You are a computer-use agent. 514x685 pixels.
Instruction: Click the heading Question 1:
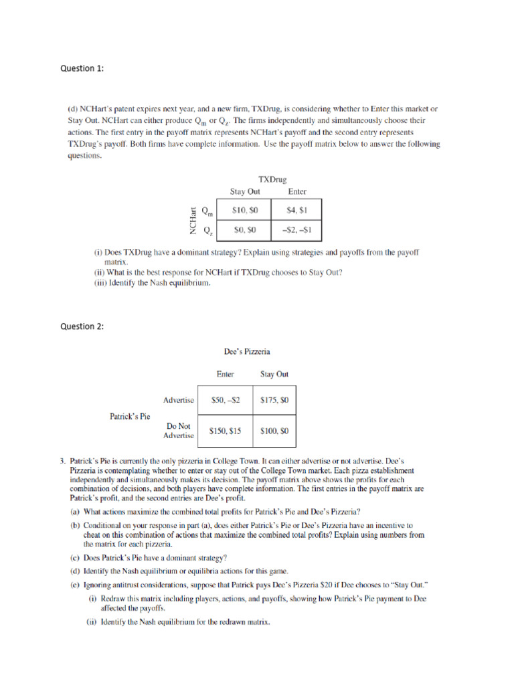tap(82, 68)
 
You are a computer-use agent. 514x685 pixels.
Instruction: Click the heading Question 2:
tap(82, 326)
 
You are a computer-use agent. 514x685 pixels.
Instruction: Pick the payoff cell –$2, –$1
tap(296, 231)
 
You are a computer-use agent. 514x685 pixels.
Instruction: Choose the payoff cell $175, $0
tap(274, 400)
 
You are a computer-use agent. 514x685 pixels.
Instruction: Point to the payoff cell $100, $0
tap(274, 431)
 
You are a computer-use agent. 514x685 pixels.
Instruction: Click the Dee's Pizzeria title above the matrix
tap(247, 351)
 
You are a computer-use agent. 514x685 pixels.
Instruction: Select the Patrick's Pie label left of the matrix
tap(130, 416)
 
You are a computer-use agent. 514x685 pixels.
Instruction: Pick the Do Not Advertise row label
tap(179, 430)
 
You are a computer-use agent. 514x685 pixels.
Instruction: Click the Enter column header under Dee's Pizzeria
tap(225, 375)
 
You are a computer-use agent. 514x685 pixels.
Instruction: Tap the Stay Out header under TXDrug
tap(245, 191)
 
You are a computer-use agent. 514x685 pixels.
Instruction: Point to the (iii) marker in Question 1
tap(100, 283)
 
